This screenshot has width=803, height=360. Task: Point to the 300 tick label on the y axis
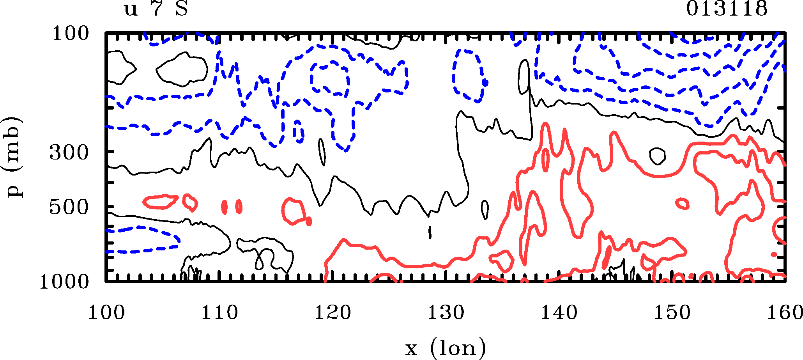[x=69, y=153]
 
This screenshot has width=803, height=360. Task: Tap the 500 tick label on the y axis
[x=69, y=207]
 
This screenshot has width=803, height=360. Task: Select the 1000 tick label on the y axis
[x=65, y=282]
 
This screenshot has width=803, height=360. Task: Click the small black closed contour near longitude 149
[x=657, y=156]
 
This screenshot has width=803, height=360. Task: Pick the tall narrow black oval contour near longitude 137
[x=524, y=77]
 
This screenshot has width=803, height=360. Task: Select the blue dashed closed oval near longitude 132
[x=469, y=75]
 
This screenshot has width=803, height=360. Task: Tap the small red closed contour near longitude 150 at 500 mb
[x=682, y=204]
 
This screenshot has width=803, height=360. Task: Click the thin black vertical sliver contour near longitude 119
[x=322, y=152]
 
